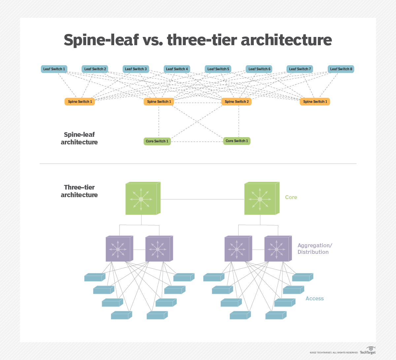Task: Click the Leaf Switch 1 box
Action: (x=54, y=69)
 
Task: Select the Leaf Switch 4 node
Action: (x=177, y=69)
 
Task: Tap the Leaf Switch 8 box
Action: (x=341, y=69)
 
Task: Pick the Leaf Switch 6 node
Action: (x=259, y=69)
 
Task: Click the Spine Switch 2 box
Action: (x=237, y=102)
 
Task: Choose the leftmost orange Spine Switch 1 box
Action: (x=80, y=102)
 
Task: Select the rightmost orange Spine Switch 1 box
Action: (x=315, y=102)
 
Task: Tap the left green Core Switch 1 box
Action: (x=157, y=141)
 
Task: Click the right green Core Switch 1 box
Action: (x=237, y=141)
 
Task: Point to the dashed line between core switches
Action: (x=197, y=141)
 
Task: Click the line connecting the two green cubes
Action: (x=202, y=199)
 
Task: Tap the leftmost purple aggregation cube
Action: (x=118, y=249)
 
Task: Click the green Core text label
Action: (x=291, y=197)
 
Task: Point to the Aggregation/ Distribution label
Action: (x=314, y=249)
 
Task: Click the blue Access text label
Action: (x=314, y=298)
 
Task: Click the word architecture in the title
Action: (x=286, y=40)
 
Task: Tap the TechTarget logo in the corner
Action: (x=368, y=351)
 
